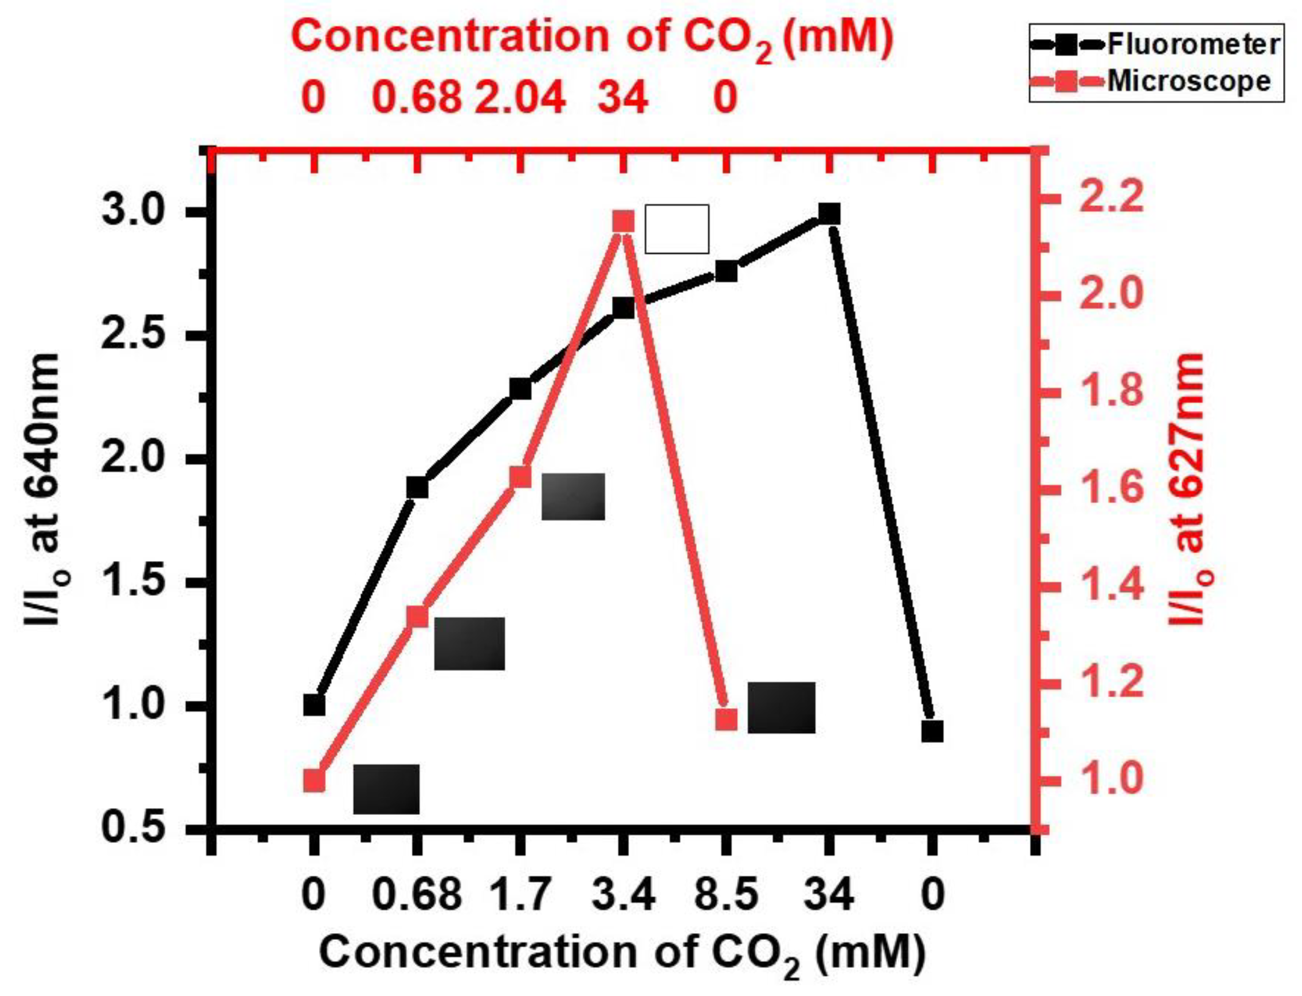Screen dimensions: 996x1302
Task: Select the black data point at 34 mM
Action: click(829, 215)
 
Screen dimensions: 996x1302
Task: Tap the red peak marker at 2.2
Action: click(623, 222)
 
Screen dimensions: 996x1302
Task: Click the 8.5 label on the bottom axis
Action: click(725, 895)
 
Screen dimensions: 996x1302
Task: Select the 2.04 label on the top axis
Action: click(520, 98)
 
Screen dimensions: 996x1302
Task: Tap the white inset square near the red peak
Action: click(677, 229)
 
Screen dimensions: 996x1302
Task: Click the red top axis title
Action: click(592, 38)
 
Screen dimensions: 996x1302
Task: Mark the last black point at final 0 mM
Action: click(932, 731)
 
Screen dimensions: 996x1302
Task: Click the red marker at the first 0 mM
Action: click(314, 781)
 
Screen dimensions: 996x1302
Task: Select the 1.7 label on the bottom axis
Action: click(520, 895)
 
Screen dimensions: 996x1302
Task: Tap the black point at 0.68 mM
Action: click(417, 488)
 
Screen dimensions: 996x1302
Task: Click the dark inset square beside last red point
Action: click(782, 708)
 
